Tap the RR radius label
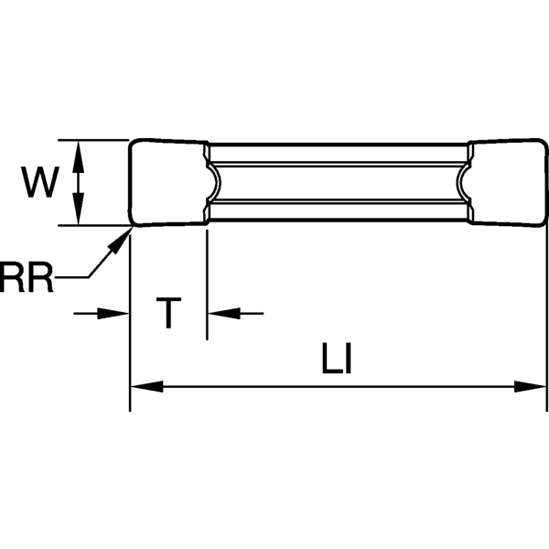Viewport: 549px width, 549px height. [27, 279]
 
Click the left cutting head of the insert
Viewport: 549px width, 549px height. [167, 183]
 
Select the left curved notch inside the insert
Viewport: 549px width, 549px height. [216, 183]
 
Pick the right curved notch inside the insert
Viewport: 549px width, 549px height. [462, 183]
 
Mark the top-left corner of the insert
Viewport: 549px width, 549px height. [133, 143]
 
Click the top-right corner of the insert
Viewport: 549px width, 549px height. [543, 143]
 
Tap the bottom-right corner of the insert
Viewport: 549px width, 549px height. [543, 223]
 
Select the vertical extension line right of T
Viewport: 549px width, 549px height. [208, 284]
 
